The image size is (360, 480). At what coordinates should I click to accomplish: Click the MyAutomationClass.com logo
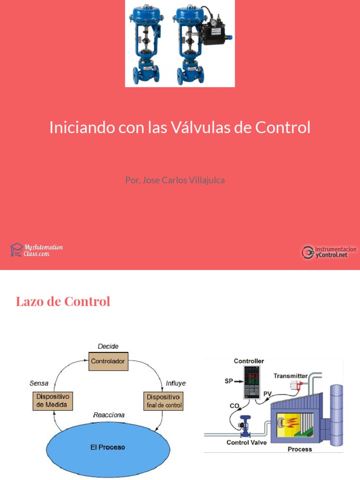(x=37, y=250)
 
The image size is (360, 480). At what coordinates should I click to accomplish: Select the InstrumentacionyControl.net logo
(x=329, y=252)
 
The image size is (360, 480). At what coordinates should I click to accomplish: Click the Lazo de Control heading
(x=63, y=301)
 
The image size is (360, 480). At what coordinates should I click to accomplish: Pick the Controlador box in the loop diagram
(x=108, y=361)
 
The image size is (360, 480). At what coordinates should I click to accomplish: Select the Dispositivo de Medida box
(x=52, y=401)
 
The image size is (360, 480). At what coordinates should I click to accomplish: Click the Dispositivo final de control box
(x=163, y=401)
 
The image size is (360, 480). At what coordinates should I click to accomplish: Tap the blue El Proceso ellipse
(x=108, y=447)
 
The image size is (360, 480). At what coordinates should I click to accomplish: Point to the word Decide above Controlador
(x=108, y=346)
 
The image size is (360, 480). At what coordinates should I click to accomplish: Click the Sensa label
(x=39, y=383)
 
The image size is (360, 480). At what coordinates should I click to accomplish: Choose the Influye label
(x=176, y=383)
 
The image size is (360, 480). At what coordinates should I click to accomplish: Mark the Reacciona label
(x=109, y=415)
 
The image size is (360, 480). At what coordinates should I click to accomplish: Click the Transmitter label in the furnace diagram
(x=291, y=375)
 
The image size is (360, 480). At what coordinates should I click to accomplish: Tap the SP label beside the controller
(x=228, y=382)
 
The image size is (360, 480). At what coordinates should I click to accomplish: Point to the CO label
(x=234, y=405)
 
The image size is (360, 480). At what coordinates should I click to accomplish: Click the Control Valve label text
(x=246, y=442)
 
